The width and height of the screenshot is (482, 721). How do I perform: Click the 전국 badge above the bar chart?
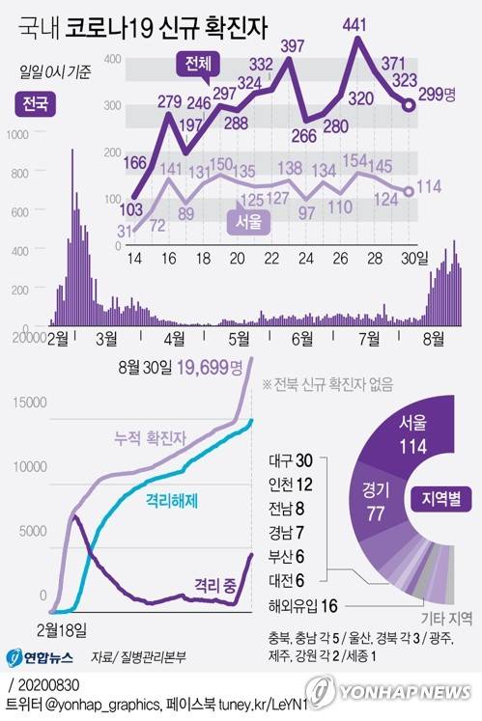(x=37, y=102)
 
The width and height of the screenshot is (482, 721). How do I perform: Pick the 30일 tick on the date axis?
(x=410, y=259)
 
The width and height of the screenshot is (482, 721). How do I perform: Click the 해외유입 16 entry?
(x=302, y=604)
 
